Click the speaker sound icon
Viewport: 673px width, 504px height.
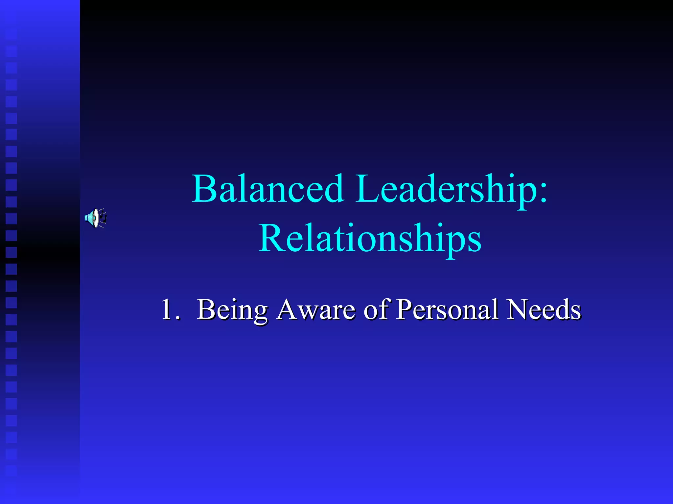tap(95, 218)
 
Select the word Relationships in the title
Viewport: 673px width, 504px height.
tap(370, 239)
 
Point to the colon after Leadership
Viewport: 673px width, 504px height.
tap(543, 194)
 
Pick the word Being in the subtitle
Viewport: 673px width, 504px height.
tap(232, 310)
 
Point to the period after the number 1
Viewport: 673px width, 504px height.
tap(177, 318)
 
